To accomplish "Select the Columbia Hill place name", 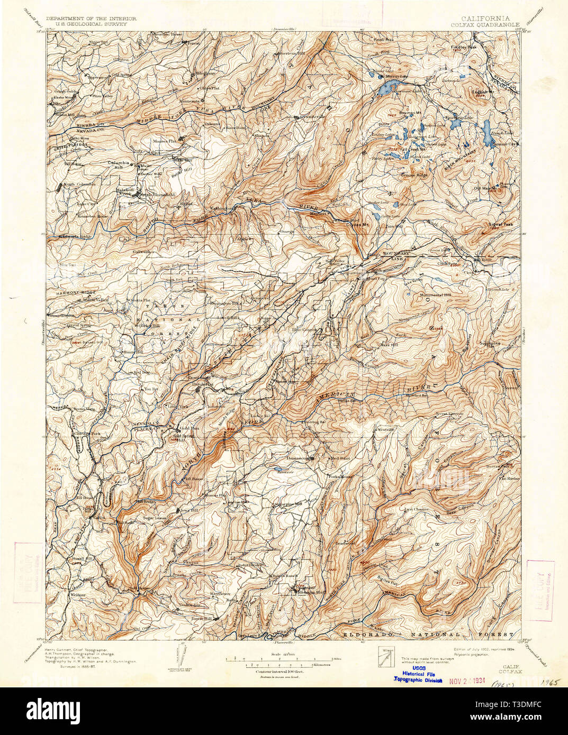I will (119, 163).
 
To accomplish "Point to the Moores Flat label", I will (164, 142).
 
